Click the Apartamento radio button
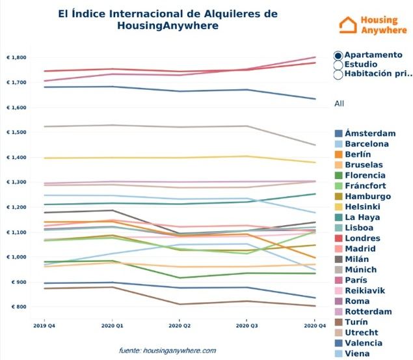pyautogui.click(x=338, y=55)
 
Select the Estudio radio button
pyautogui.click(x=338, y=65)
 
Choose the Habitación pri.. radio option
pyautogui.click(x=338, y=74)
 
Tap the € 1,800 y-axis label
pyautogui.click(x=16, y=58)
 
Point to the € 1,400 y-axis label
pyautogui.click(x=16, y=158)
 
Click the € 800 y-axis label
pyautogui.click(x=18, y=307)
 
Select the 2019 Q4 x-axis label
pyautogui.click(x=40, y=323)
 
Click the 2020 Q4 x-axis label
pyautogui.click(x=315, y=323)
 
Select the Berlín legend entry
pyautogui.click(x=358, y=154)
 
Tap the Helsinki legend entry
pyautogui.click(x=362, y=207)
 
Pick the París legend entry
pyautogui.click(x=356, y=281)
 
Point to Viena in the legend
pyautogui.click(x=356, y=354)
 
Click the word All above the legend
pyautogui.click(x=339, y=104)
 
